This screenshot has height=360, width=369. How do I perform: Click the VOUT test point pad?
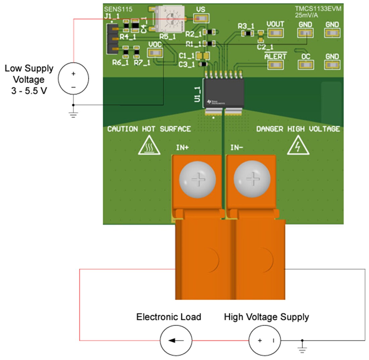point(275,33)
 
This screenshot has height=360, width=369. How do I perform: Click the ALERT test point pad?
point(275,65)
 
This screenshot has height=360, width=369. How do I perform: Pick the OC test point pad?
point(306,65)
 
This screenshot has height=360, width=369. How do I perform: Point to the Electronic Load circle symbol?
point(176,341)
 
